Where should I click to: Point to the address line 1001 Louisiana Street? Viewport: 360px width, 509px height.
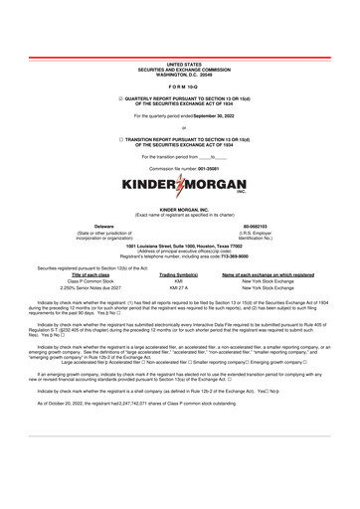pyautogui.click(x=180, y=246)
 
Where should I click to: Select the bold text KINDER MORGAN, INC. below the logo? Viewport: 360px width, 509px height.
pyautogui.click(x=180, y=210)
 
